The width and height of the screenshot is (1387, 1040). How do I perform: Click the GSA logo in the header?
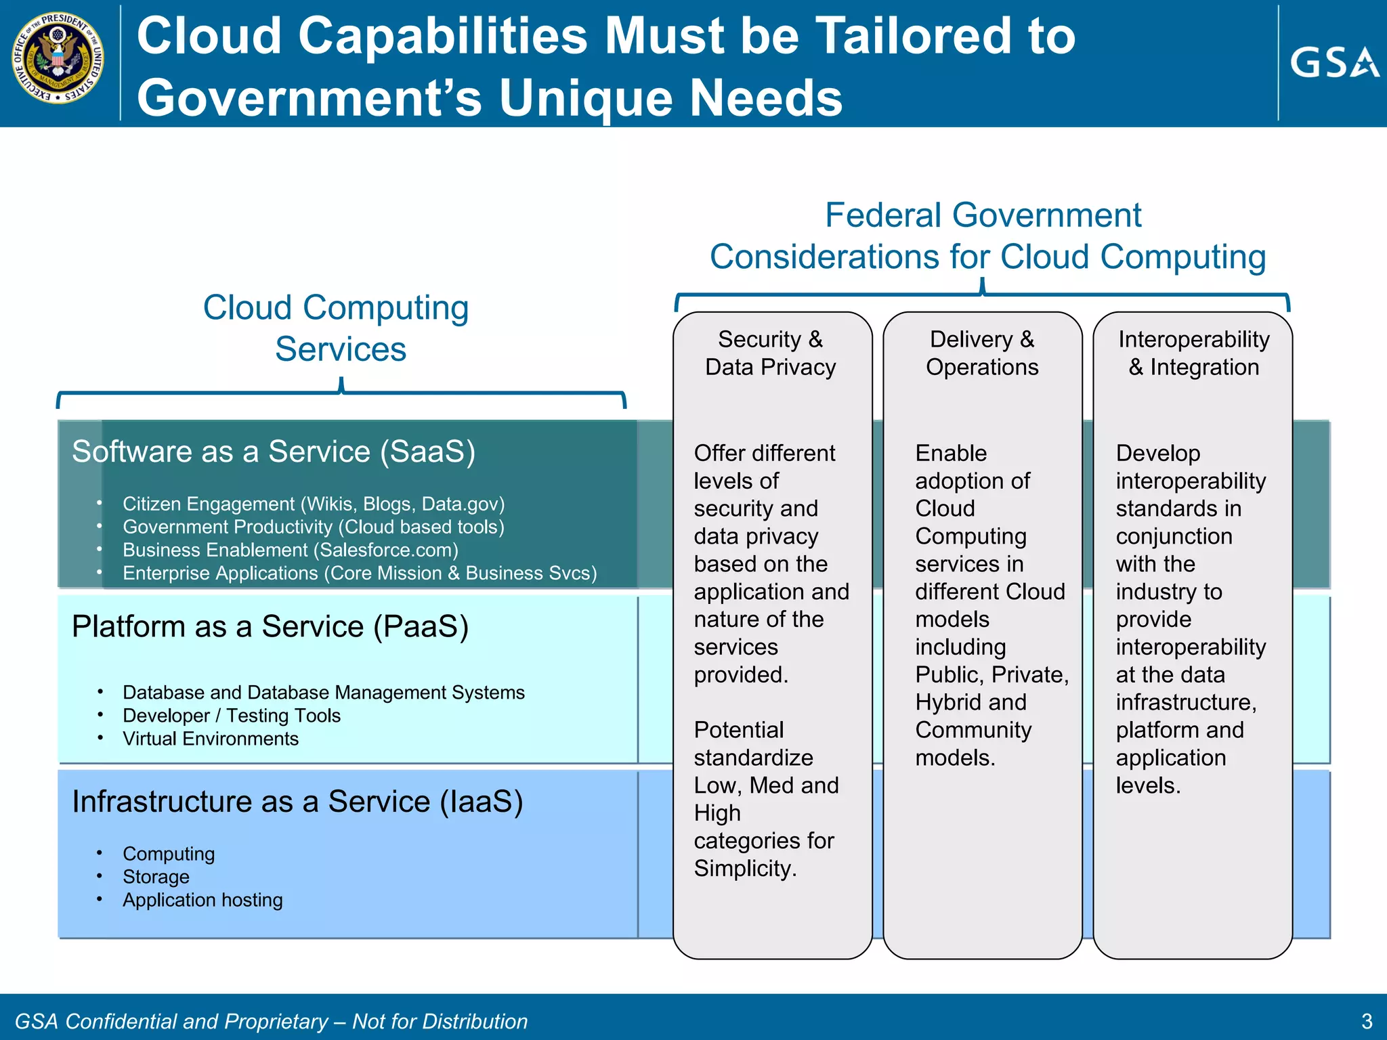click(1333, 63)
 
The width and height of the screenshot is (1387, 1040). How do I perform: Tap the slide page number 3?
click(1366, 1021)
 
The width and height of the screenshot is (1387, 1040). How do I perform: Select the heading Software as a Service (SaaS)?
click(274, 452)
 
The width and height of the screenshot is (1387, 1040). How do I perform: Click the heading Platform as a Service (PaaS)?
click(270, 626)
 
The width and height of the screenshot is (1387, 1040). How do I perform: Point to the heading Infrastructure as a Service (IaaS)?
click(297, 802)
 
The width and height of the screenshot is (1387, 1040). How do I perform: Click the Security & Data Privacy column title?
click(771, 353)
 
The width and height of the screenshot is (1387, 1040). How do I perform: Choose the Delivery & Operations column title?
click(982, 353)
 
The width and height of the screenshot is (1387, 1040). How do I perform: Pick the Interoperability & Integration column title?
click(1193, 353)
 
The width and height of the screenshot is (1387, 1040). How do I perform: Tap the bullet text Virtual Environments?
click(211, 739)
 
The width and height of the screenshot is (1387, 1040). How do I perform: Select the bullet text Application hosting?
click(202, 900)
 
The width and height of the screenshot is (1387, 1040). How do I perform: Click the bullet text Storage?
click(156, 877)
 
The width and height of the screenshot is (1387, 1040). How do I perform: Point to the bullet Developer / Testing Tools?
click(232, 716)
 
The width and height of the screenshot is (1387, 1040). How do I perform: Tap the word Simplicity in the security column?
click(744, 868)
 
